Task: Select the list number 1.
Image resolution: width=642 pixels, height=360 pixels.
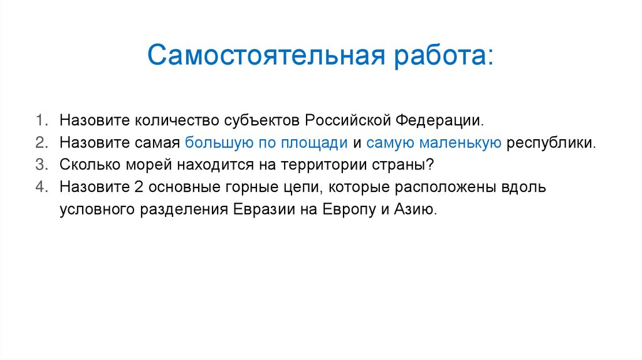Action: (x=39, y=119)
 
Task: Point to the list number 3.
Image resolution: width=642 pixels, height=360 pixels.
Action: (x=39, y=164)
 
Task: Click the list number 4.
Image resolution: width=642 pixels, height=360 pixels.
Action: (x=39, y=187)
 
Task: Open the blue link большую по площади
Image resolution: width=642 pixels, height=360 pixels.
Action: (x=266, y=142)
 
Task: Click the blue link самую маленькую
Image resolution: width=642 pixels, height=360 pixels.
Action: (x=433, y=142)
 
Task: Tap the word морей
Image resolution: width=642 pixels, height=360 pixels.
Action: (x=150, y=164)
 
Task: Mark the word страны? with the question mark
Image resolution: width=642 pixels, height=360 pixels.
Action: (x=408, y=164)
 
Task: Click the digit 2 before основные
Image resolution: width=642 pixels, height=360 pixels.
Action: (x=138, y=187)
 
